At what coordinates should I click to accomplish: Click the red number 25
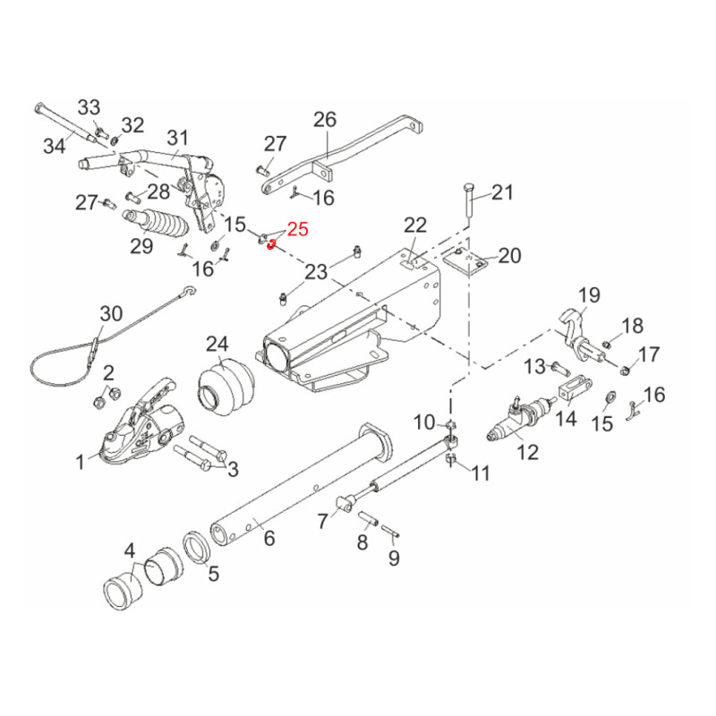click(x=297, y=230)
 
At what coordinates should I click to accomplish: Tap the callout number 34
click(x=55, y=143)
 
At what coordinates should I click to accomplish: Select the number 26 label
click(x=324, y=119)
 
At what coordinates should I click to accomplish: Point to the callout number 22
click(x=416, y=225)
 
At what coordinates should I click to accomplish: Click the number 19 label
click(x=587, y=294)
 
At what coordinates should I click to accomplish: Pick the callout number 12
click(x=527, y=452)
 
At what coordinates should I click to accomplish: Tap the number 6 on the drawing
click(x=268, y=537)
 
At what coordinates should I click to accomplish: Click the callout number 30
click(x=111, y=314)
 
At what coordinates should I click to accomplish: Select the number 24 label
click(x=217, y=344)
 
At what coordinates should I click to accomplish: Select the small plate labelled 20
click(x=467, y=261)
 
